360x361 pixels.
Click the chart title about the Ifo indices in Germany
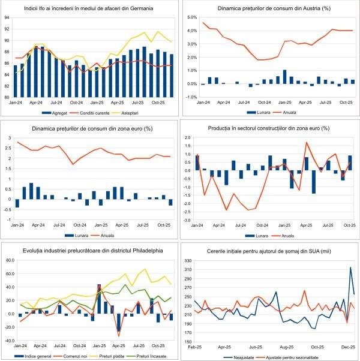click(x=88, y=10)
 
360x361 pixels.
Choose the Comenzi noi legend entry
click(x=76, y=356)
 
